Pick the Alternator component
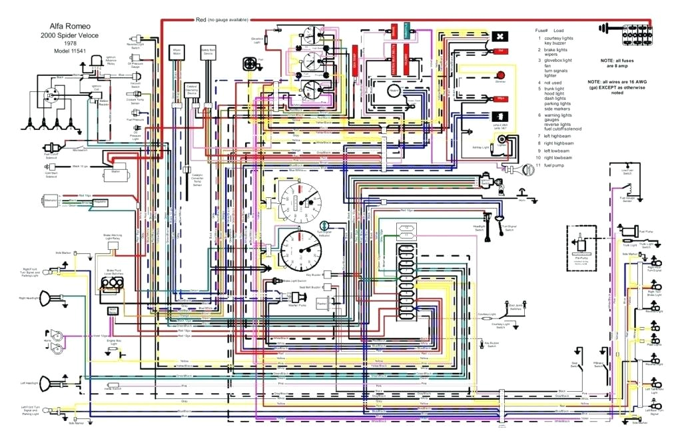coord(50,199)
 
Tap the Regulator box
coord(100,201)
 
